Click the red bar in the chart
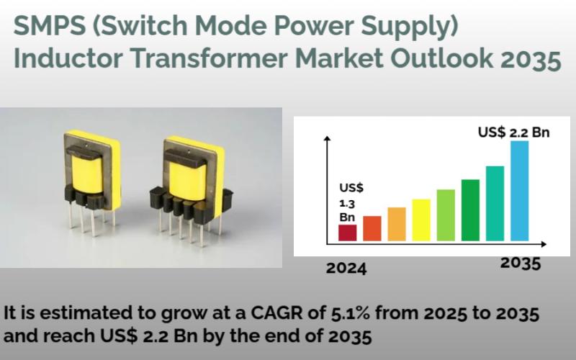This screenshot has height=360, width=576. click(x=348, y=233)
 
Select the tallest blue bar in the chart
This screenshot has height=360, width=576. click(x=519, y=191)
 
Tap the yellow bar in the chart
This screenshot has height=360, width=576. click(x=421, y=220)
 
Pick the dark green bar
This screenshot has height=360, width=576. click(x=470, y=210)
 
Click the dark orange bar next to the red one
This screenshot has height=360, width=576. click(x=372, y=228)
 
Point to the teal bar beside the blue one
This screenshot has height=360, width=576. click(x=495, y=203)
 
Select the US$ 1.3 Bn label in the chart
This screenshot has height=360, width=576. click(x=351, y=202)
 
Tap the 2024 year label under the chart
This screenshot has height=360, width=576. click(x=346, y=269)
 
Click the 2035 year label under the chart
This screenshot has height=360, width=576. click(x=521, y=263)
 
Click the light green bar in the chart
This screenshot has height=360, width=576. click(x=446, y=215)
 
